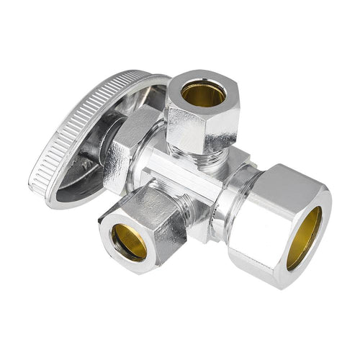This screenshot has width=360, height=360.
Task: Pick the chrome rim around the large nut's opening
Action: click(x=320, y=216)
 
